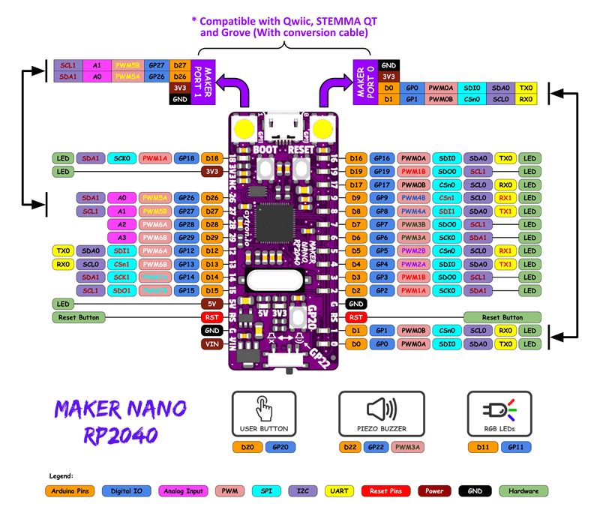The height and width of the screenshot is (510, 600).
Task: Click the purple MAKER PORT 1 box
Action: pos(203,82)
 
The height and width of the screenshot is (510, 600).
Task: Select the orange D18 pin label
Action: pos(212,158)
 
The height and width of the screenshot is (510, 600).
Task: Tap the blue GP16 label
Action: pos(382,158)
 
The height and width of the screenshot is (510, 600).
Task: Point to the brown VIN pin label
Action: pos(212,343)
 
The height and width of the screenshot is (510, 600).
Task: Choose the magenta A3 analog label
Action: pos(121,238)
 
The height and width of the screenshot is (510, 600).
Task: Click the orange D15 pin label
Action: pos(212,290)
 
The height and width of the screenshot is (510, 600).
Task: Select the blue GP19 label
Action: pos(382,172)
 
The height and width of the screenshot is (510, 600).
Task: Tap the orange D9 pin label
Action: pos(356,198)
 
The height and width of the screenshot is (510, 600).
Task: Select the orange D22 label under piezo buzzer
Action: pos(350,447)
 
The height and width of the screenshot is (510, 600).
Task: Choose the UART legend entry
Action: pos(337,491)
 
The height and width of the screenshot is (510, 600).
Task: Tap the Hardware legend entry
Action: pos(523,491)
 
